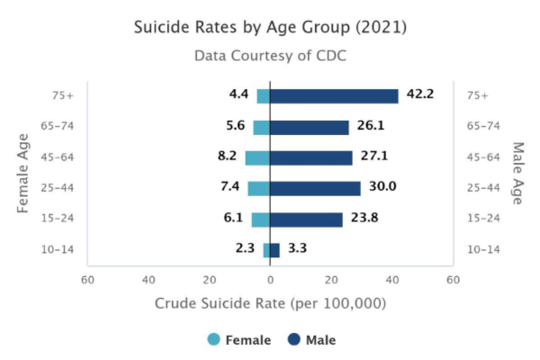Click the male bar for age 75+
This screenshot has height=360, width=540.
pos(334,96)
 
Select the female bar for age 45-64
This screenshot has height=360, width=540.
pos(257,157)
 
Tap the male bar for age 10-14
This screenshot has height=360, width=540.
pos(274,250)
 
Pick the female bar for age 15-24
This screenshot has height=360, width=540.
pos(260,220)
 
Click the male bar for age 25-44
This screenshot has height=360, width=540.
pos(315,188)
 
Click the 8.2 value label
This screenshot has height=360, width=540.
pos(228,156)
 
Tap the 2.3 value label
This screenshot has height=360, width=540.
pos(245,247)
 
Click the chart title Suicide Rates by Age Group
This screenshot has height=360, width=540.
pos(270,28)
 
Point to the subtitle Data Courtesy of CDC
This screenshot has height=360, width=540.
pos(270,56)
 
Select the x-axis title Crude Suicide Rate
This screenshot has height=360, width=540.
pos(270,303)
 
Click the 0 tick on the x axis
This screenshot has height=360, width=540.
pos(270,280)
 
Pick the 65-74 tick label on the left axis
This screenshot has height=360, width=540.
pos(57,127)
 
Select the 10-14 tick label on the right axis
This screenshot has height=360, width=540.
pos(482,250)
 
